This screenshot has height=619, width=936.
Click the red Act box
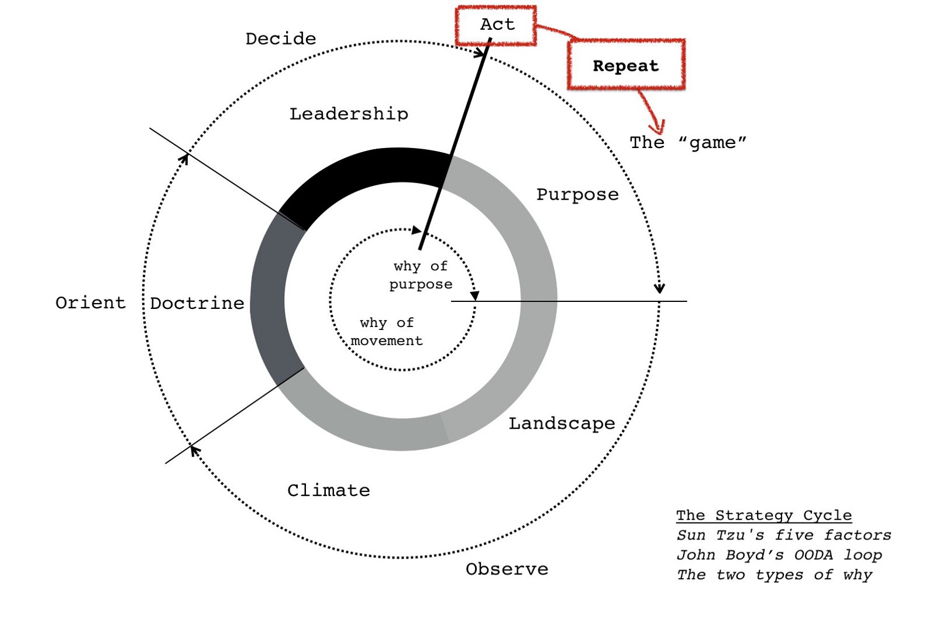click(x=496, y=25)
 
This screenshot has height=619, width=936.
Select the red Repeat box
click(x=625, y=65)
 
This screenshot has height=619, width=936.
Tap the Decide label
click(x=281, y=39)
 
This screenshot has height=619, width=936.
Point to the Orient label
click(x=91, y=302)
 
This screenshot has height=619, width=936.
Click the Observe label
click(x=507, y=569)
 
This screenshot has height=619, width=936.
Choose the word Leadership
click(x=349, y=114)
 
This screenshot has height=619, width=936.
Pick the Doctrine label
click(x=197, y=303)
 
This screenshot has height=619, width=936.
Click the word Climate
click(x=328, y=490)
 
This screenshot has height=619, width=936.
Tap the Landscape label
click(x=562, y=423)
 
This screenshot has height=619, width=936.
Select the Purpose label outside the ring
click(x=577, y=194)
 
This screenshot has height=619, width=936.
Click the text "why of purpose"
click(x=421, y=275)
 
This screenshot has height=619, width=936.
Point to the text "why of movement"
click(x=387, y=332)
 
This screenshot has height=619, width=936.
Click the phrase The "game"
click(x=688, y=143)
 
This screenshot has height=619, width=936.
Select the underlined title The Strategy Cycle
click(x=764, y=515)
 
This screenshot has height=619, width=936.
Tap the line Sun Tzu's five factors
click(x=784, y=535)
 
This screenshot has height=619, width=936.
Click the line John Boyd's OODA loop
click(x=779, y=555)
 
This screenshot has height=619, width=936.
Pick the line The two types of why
click(x=775, y=575)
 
